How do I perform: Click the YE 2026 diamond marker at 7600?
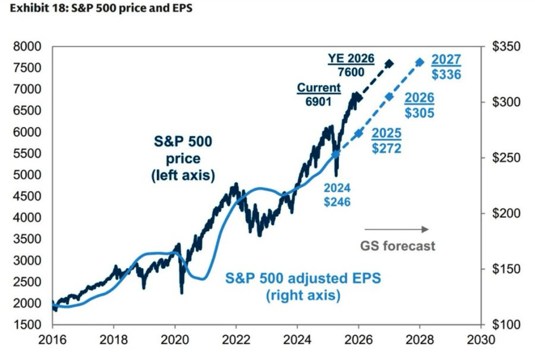pyautogui.click(x=389, y=63)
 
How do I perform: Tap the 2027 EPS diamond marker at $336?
pyautogui.click(x=420, y=62)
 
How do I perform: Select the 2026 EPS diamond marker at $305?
pyautogui.click(x=389, y=97)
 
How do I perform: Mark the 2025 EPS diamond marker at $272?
pyautogui.click(x=359, y=134)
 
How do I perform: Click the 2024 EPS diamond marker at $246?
pyautogui.click(x=336, y=154)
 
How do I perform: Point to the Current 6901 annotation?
pyautogui.click(x=319, y=94)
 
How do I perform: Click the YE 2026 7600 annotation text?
pyautogui.click(x=351, y=65)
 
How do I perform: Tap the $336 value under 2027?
pyautogui.click(x=446, y=74)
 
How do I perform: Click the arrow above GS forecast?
pyautogui.click(x=396, y=229)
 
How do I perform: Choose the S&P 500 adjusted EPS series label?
pyautogui.click(x=303, y=286)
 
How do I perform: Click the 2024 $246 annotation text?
pyautogui.click(x=337, y=195)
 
